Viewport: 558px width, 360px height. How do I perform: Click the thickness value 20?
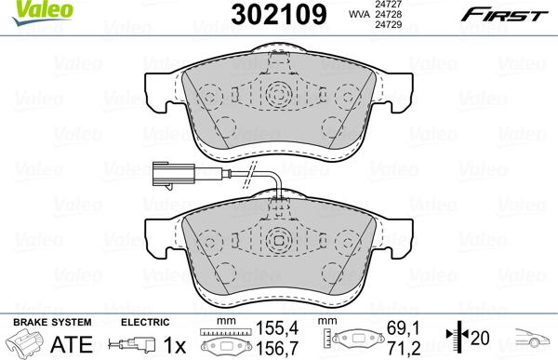pyautogui.click(x=483, y=338)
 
